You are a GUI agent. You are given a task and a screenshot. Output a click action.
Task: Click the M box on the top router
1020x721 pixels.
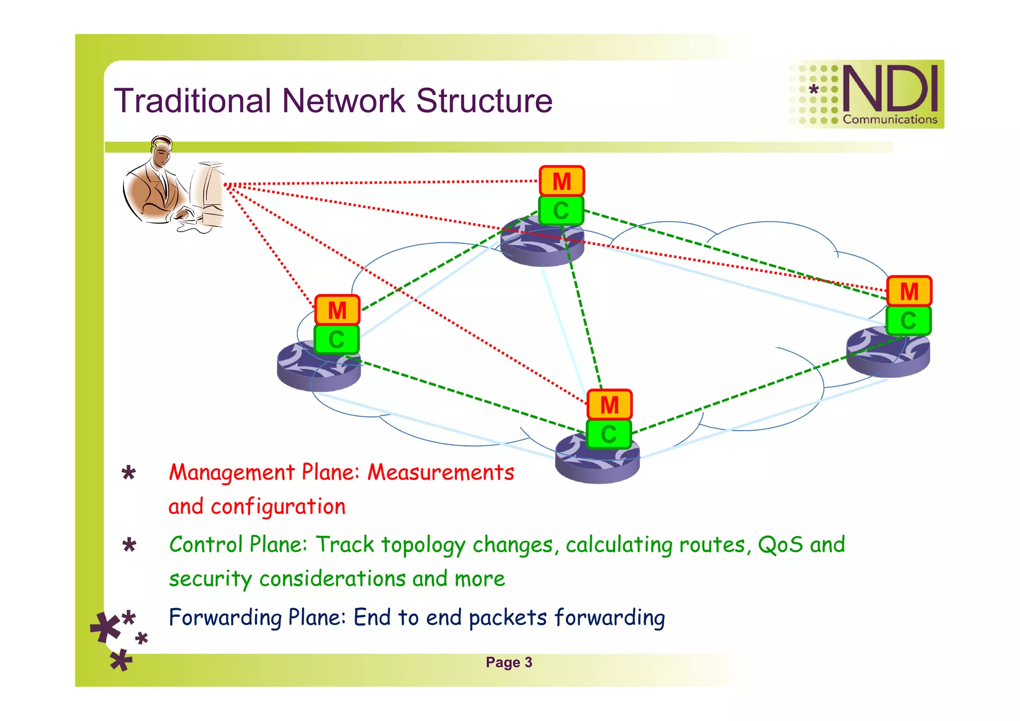click(562, 181)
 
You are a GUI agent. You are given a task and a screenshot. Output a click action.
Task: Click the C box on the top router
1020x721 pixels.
click(561, 211)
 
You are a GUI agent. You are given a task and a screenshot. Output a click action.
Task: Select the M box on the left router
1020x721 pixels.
click(337, 310)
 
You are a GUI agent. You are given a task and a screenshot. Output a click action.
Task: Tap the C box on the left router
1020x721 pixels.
click(336, 340)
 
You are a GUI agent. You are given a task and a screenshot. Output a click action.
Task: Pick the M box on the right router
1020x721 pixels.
click(909, 291)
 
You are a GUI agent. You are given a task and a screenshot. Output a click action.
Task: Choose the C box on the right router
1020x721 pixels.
click(908, 320)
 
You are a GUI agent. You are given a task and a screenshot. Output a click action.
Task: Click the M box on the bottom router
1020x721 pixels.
click(609, 405)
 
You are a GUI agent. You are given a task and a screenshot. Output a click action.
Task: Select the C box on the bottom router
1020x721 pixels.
click(608, 434)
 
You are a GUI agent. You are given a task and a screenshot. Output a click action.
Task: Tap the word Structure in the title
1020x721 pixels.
click(484, 101)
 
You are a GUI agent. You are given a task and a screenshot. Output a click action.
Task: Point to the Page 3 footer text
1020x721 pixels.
click(509, 662)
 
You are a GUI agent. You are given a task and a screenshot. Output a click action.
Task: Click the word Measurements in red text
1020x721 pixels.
click(441, 472)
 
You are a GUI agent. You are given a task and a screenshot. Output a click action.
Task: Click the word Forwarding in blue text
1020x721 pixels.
click(226, 617)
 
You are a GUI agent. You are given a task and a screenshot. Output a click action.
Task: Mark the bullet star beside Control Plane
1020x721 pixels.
click(129, 545)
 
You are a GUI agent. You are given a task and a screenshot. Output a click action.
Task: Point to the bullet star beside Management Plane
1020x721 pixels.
click(128, 473)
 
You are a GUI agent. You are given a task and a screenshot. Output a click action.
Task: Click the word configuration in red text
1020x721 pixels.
click(278, 507)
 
